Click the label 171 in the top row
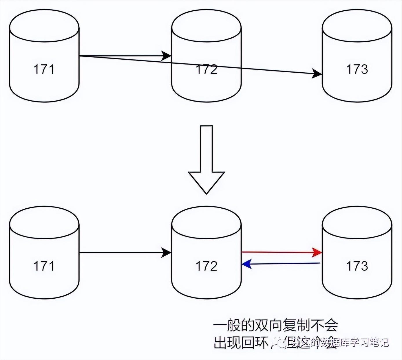click(x=44, y=69)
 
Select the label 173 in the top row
click(x=357, y=69)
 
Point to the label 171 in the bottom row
click(x=44, y=266)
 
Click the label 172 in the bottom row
click(x=207, y=266)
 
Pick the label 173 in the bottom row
click(x=357, y=266)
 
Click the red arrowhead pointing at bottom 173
click(x=318, y=252)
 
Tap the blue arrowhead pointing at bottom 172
click(x=246, y=264)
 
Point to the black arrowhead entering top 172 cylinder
click(x=167, y=56)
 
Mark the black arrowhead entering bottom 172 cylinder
click(x=167, y=253)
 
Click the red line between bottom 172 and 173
click(x=278, y=252)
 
